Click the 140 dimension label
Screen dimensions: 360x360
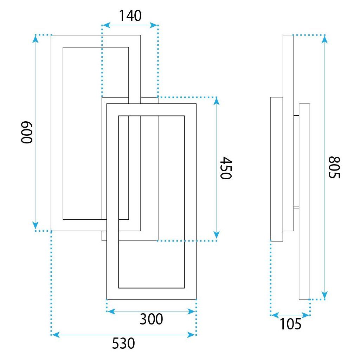click(130, 15)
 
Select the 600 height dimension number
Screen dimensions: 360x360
click(27, 133)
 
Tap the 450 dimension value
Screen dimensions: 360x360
click(226, 168)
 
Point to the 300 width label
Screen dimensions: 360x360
click(151, 319)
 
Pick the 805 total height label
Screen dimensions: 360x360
click(334, 167)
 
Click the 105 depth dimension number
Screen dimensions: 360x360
click(290, 324)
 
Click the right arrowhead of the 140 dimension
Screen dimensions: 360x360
click(153, 25)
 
